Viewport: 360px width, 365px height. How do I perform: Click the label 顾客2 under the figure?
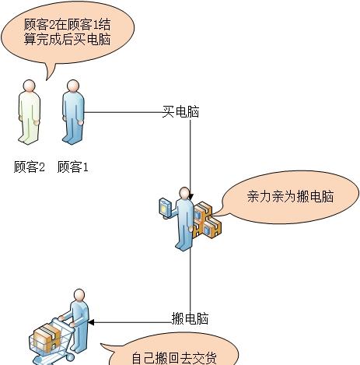click(30, 167)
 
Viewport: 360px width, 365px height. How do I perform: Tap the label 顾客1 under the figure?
click(73, 167)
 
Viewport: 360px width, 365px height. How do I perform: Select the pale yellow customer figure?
click(30, 112)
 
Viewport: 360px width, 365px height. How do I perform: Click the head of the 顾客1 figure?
click(73, 86)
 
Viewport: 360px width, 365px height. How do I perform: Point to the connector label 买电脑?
click(180, 112)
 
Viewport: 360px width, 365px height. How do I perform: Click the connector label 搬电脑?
click(190, 318)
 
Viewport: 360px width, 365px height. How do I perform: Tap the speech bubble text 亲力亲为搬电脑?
click(290, 196)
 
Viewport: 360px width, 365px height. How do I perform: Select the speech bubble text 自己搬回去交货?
click(174, 359)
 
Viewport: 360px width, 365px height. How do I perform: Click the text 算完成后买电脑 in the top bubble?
click(67, 40)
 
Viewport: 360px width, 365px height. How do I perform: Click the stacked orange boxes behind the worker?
click(208, 220)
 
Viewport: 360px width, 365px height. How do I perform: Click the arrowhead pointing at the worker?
click(190, 196)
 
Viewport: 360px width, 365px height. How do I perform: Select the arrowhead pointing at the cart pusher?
click(91, 323)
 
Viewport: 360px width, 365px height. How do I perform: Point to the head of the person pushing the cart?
click(79, 295)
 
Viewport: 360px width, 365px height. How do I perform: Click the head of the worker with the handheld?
click(184, 193)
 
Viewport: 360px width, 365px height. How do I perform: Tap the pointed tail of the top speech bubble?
click(47, 79)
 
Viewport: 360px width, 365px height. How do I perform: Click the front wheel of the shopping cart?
click(69, 358)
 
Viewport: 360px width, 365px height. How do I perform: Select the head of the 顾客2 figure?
click(29, 86)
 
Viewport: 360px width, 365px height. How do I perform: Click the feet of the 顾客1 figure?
click(73, 139)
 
